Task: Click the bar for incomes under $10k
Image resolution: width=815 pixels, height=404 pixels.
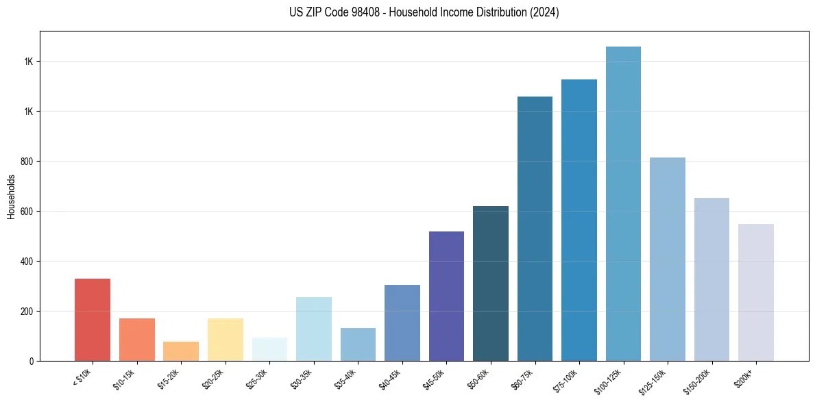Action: tap(93, 320)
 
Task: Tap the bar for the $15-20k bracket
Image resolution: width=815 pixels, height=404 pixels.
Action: tap(181, 351)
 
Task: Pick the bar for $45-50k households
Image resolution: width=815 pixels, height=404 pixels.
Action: tap(446, 296)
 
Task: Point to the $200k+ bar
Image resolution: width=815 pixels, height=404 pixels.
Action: tap(755, 292)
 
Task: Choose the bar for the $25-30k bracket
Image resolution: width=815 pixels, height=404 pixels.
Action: tap(269, 349)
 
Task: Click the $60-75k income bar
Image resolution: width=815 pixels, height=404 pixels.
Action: tap(535, 229)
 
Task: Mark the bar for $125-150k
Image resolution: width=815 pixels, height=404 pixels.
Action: tap(667, 259)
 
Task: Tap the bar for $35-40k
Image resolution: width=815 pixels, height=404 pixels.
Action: tap(358, 344)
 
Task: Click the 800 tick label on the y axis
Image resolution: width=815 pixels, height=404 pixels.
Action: tap(27, 162)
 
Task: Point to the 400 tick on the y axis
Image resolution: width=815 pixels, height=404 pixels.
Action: tap(27, 262)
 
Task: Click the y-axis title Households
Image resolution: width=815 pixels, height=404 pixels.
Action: tap(11, 197)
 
